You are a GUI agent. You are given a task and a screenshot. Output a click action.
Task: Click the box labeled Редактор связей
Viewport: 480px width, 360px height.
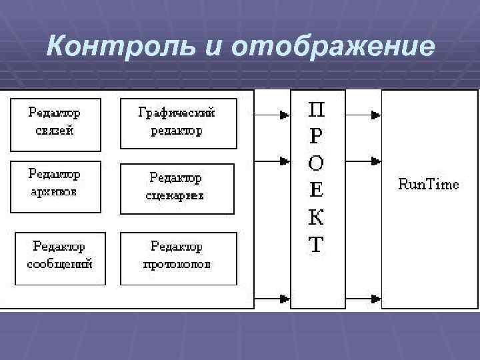55,123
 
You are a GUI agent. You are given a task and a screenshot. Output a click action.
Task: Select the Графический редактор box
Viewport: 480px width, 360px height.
177,123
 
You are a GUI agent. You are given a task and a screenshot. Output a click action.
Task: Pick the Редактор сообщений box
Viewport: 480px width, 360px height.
59,257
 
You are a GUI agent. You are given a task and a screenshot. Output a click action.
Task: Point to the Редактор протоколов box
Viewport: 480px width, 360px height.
177,257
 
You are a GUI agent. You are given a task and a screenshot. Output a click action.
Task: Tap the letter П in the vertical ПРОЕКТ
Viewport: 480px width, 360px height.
316,109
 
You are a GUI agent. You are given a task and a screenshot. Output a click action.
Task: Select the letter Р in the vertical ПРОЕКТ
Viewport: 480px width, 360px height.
316,136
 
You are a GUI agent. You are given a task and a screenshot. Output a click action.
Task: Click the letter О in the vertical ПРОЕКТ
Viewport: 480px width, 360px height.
316,163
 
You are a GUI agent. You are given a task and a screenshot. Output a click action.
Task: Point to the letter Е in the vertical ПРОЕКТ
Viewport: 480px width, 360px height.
316,191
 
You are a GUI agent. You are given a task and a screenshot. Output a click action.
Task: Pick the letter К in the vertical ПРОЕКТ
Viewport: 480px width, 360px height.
316,218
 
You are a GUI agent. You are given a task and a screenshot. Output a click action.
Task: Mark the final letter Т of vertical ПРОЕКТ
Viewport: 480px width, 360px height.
316,245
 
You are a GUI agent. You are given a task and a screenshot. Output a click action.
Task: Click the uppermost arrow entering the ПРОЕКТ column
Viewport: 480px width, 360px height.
284,115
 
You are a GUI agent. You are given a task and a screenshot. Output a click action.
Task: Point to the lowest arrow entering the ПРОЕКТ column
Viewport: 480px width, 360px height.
284,297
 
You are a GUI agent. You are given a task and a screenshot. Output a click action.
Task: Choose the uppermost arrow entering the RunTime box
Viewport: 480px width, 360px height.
375,115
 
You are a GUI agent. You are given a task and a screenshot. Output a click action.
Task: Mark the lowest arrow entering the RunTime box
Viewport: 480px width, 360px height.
375,297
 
